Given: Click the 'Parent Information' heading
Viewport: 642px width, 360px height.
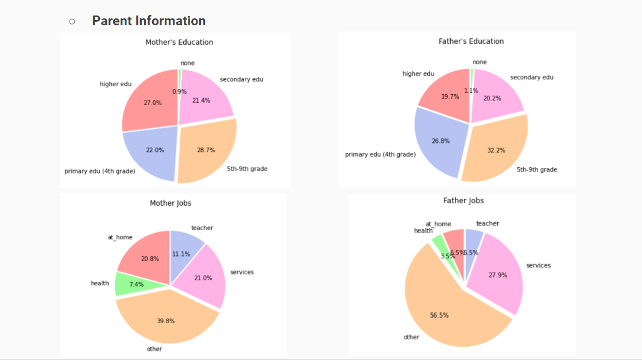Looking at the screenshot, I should [x=148, y=21].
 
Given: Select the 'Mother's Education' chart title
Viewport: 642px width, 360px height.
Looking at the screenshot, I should [x=179, y=42].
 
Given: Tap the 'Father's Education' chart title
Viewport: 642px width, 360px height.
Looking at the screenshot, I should [x=471, y=41].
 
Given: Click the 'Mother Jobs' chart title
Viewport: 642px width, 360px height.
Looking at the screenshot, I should [x=171, y=203].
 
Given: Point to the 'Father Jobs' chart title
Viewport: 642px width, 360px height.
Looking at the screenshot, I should [x=463, y=200].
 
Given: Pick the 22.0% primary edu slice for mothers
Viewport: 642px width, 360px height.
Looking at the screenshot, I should [x=154, y=150].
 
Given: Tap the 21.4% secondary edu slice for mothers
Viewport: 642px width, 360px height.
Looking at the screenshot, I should [x=201, y=100].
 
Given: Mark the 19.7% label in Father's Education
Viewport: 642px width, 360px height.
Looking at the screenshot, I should [x=450, y=96].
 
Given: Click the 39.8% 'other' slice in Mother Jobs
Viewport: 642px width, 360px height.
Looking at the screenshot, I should [x=165, y=320].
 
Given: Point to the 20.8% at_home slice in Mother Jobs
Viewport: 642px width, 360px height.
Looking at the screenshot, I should [x=150, y=258].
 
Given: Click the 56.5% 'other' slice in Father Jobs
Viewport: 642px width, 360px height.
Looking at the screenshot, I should [x=439, y=315].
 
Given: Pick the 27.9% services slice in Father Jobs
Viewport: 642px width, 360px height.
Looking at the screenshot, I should [x=497, y=275].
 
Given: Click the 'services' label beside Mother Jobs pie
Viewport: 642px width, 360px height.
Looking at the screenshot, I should [x=242, y=272].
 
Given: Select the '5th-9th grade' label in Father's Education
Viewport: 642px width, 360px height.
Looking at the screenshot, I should [x=536, y=169].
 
